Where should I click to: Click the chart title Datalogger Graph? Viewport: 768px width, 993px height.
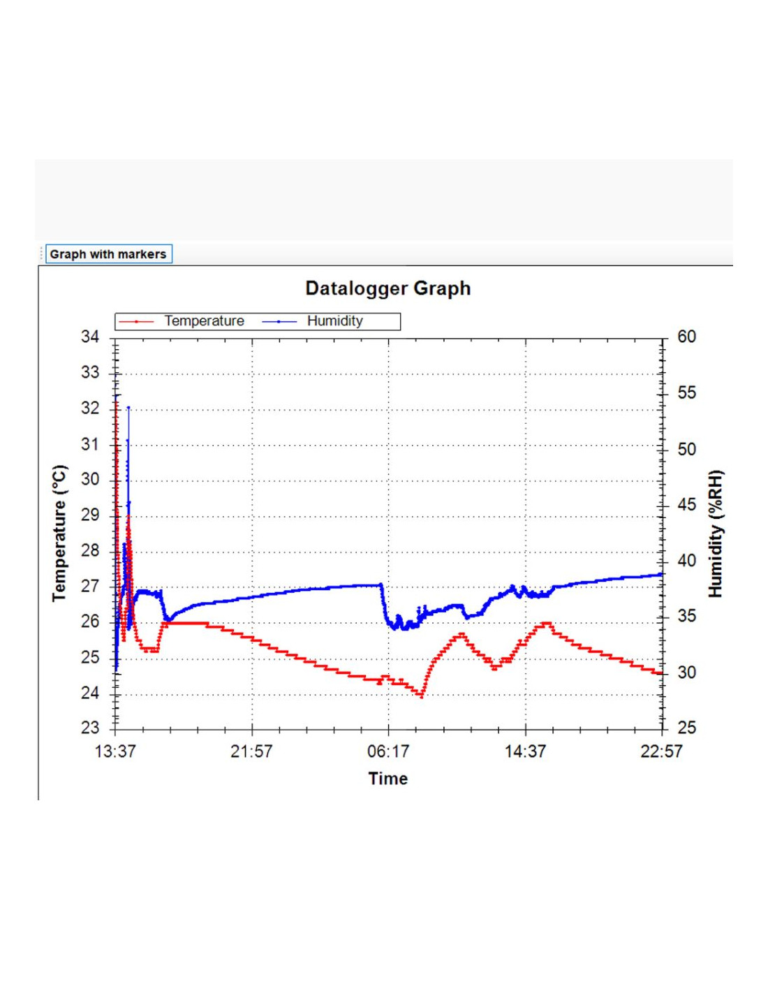pos(387,288)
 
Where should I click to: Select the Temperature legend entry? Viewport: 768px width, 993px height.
pos(204,321)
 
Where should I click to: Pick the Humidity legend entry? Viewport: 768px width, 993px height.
pos(334,321)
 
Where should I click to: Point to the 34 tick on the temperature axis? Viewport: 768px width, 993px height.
pos(90,337)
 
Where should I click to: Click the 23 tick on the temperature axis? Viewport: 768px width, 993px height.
pos(90,728)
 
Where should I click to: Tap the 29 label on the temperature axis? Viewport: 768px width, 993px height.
pos(90,515)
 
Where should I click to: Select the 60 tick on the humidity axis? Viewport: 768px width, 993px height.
pos(686,337)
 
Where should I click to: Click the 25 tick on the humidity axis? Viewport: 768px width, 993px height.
pos(686,728)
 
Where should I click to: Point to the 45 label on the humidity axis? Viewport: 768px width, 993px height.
pos(686,504)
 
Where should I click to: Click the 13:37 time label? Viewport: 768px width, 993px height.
pos(115,751)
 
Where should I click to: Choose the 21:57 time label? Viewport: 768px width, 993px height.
pos(251,751)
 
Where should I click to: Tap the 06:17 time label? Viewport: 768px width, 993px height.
pos(388,751)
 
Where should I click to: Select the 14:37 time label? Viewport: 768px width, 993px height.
pos(525,751)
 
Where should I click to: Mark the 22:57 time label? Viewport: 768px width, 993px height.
pos(661,751)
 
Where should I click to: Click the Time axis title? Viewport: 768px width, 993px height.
pos(387,779)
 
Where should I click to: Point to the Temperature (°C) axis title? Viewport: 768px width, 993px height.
pos(60,533)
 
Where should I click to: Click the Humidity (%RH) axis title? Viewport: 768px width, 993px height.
pos(716,534)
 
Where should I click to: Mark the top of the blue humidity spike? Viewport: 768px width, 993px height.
pos(128,408)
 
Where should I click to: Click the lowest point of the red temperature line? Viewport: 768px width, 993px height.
pos(422,696)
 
